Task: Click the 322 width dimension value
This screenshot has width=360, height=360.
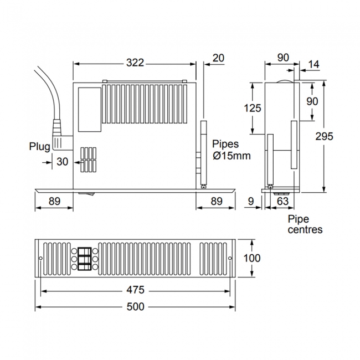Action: (x=134, y=63)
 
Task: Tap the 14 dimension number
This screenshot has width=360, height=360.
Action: (x=313, y=65)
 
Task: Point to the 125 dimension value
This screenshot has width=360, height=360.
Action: (x=252, y=108)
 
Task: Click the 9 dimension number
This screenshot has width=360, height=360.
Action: (x=251, y=202)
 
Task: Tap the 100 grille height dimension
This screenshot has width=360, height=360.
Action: (x=251, y=258)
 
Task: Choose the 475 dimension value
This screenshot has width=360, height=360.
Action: (x=135, y=290)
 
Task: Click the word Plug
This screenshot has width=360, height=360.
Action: (x=40, y=146)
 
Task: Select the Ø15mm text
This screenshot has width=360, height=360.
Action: (x=232, y=156)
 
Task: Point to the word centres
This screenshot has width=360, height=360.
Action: (x=305, y=229)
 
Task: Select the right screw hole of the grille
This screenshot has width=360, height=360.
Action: (x=230, y=259)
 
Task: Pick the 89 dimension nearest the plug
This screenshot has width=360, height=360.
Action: (x=54, y=202)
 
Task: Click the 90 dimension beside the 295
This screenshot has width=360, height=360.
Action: (x=312, y=101)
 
